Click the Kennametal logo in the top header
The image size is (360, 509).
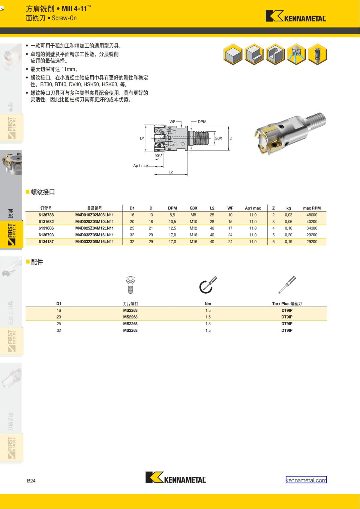(295, 16)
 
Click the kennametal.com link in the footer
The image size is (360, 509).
(306, 480)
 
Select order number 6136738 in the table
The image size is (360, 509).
(46, 215)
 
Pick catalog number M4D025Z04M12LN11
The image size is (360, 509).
(94, 228)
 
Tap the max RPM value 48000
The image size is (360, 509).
(312, 215)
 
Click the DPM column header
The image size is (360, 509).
(172, 208)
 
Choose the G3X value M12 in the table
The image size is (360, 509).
(193, 228)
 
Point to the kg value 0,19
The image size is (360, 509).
(289, 242)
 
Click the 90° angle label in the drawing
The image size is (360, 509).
(157, 156)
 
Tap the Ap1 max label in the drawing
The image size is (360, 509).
(141, 166)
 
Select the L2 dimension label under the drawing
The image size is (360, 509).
(171, 172)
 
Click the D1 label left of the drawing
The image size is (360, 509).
(142, 138)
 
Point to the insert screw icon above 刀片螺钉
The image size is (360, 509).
(130, 285)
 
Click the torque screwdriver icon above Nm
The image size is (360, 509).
(208, 285)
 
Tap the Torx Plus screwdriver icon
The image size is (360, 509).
(287, 285)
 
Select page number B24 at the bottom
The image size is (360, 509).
(31, 481)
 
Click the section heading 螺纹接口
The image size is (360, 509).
(43, 192)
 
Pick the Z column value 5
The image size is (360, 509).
(273, 235)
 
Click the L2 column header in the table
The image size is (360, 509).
(212, 208)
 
